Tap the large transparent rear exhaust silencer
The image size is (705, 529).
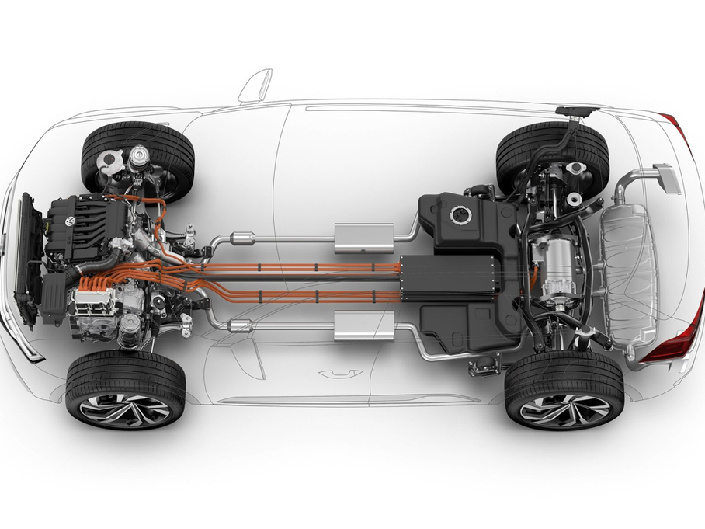(x=629, y=276)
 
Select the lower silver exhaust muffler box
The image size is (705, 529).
(x=360, y=325)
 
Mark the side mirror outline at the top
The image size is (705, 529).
(x=256, y=87)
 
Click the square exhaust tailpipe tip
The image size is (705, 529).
(x=668, y=178)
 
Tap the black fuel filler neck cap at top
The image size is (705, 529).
(x=576, y=112)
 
